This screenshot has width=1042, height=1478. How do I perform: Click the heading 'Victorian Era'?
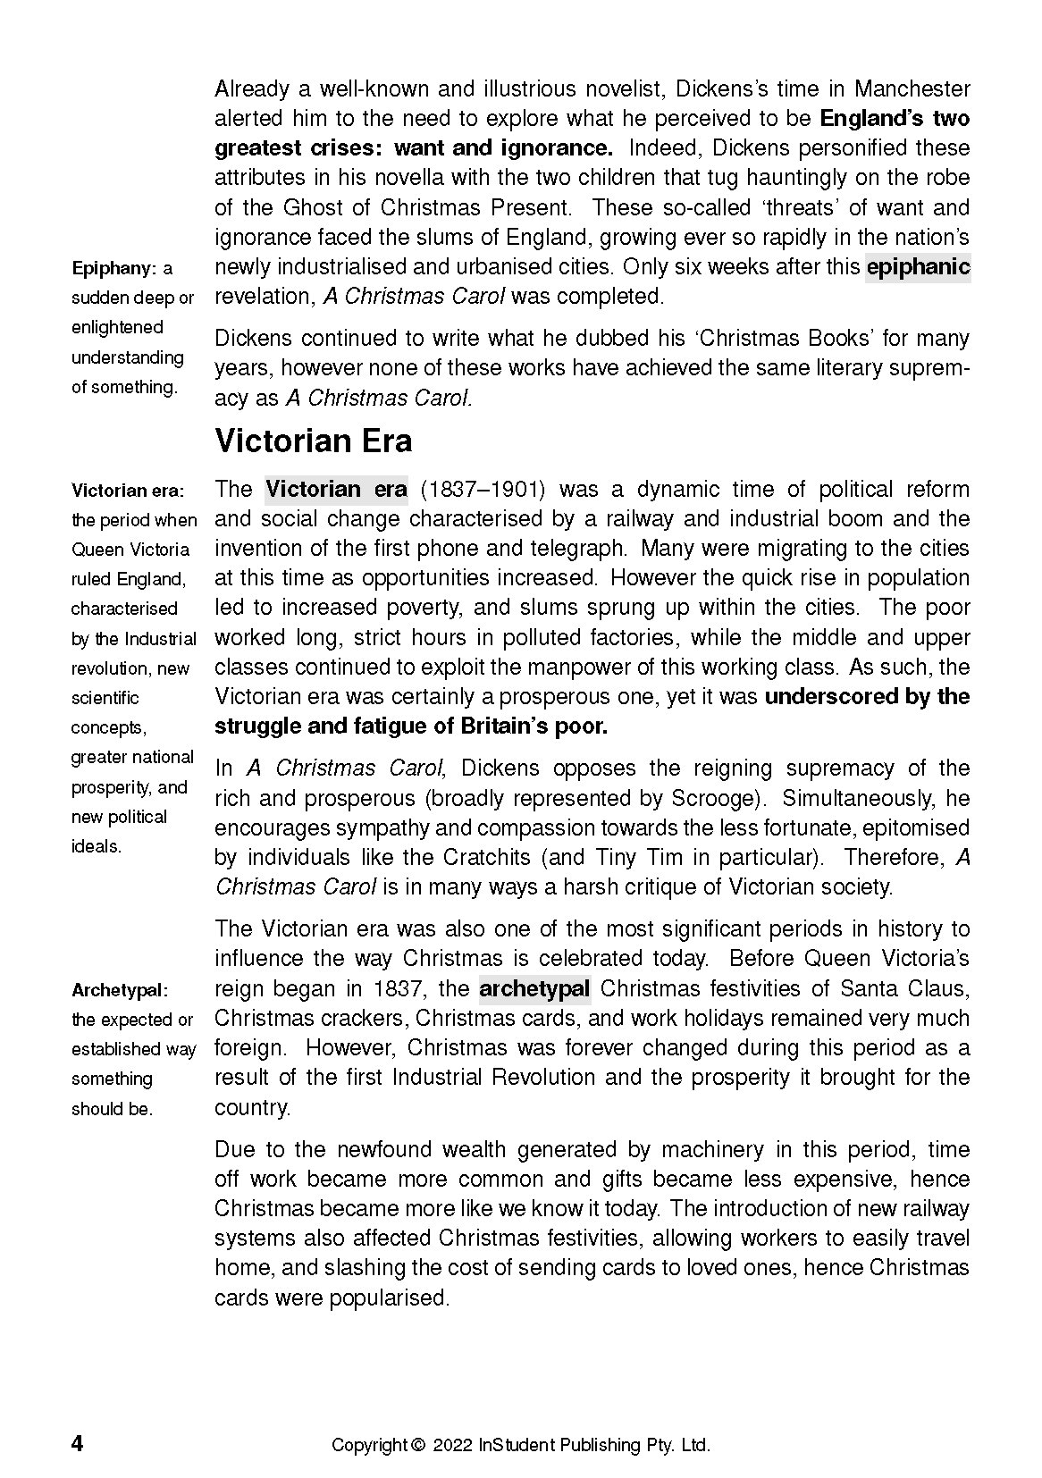[313, 441]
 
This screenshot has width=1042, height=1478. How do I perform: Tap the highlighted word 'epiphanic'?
[918, 267]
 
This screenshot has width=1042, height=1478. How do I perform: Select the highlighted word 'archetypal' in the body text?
[534, 988]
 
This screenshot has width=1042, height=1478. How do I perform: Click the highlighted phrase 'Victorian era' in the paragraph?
[336, 489]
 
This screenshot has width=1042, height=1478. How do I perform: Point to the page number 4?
[78, 1444]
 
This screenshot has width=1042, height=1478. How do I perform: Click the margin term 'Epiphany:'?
[113, 268]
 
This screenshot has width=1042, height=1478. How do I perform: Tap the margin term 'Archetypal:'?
[120, 990]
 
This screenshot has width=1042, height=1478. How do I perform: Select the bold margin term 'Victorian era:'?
[128, 491]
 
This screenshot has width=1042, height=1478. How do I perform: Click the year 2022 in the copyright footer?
[453, 1445]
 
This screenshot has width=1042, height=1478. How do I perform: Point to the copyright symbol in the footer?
[416, 1445]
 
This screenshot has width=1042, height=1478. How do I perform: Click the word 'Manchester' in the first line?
[912, 89]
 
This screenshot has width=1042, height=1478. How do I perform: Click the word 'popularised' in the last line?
[390, 1297]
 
